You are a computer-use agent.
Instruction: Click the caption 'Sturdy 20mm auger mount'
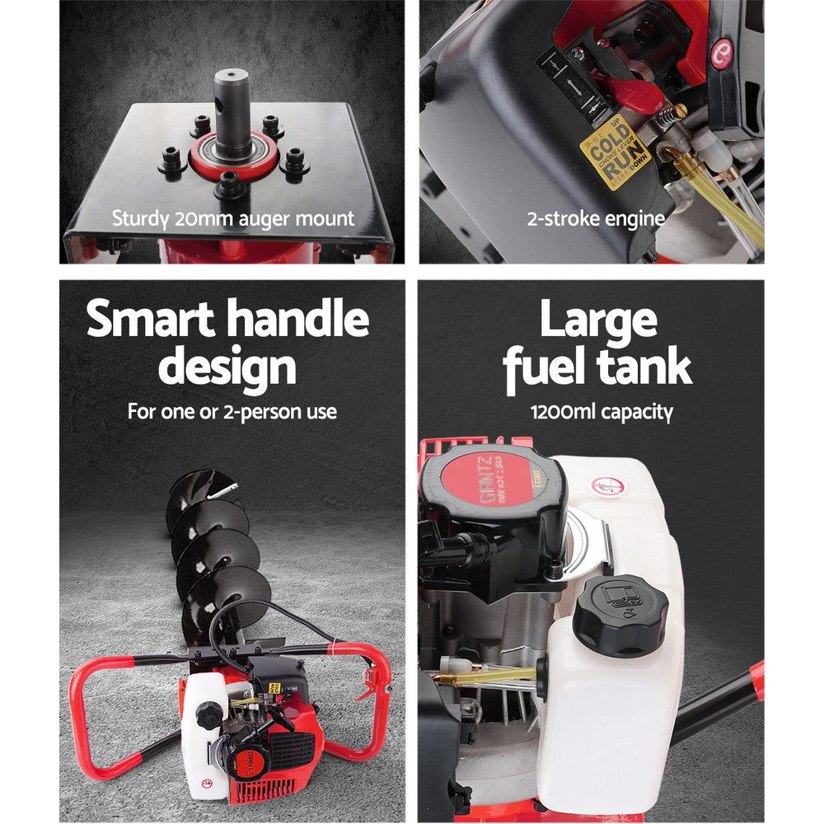232,219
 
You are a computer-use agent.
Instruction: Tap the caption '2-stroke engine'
596,219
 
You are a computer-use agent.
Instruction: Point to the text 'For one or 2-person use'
232,411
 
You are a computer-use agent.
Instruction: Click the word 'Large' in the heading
597,320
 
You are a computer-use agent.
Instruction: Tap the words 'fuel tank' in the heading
597,368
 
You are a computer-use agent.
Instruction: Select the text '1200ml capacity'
602,411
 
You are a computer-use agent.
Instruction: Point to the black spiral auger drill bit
210,544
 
